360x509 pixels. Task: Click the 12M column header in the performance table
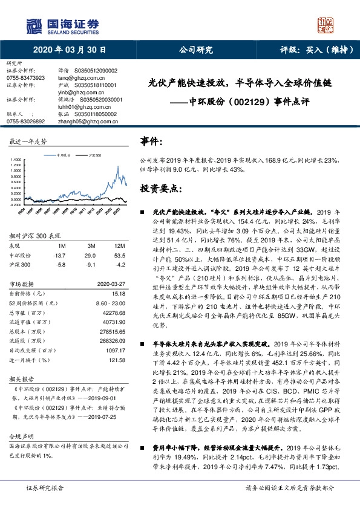coord(119,246)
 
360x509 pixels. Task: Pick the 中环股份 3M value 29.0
coord(91,256)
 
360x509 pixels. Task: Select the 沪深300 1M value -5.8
coord(60,265)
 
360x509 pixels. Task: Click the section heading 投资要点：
coord(160,189)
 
